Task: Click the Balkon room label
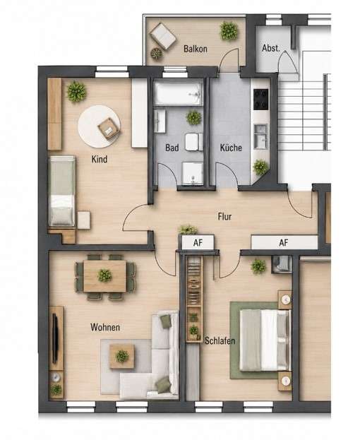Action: [x=196, y=49]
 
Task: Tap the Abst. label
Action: [x=271, y=48]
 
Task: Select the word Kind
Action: [x=100, y=159]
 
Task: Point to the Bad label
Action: [x=172, y=148]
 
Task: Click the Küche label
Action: [x=231, y=148]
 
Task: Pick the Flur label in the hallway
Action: [x=224, y=216]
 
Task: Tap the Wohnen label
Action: [x=105, y=327]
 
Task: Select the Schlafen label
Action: [x=220, y=340]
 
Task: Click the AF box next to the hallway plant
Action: [x=198, y=242]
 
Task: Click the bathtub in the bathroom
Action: [x=179, y=94]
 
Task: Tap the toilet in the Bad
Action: [x=193, y=142]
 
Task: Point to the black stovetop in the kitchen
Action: [x=260, y=100]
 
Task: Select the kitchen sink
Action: [x=260, y=136]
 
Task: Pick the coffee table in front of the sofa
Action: [x=122, y=357]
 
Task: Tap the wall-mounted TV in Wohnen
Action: [x=55, y=339]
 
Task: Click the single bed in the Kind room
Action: [x=62, y=191]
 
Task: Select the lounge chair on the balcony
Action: [x=163, y=36]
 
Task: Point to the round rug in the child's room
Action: [x=100, y=126]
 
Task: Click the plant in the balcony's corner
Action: [x=229, y=30]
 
